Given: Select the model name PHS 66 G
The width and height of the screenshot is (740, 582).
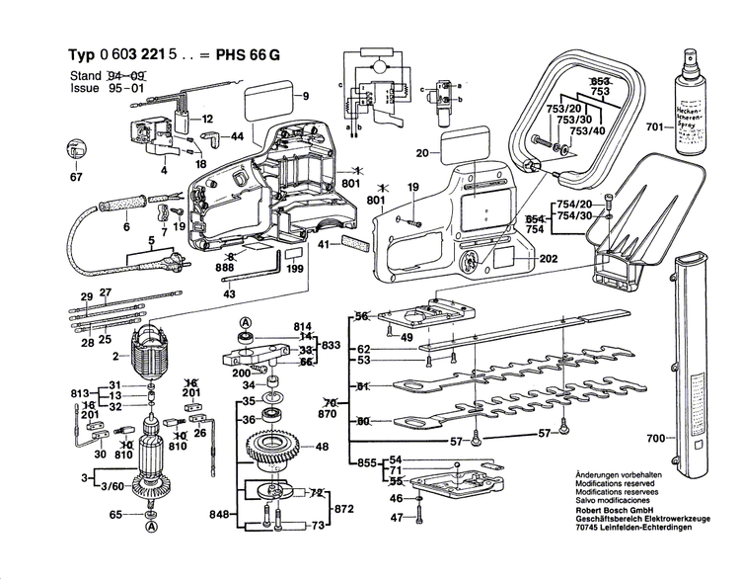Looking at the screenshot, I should [x=250, y=55].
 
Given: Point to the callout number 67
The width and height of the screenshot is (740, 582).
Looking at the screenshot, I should [x=77, y=178].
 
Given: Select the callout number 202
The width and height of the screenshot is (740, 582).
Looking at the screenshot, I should [x=550, y=259].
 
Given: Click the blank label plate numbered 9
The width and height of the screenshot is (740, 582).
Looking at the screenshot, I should [x=268, y=97].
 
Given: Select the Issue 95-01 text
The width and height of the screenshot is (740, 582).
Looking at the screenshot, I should [x=109, y=87].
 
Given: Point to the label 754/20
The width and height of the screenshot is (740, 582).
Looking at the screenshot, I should [x=582, y=205].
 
